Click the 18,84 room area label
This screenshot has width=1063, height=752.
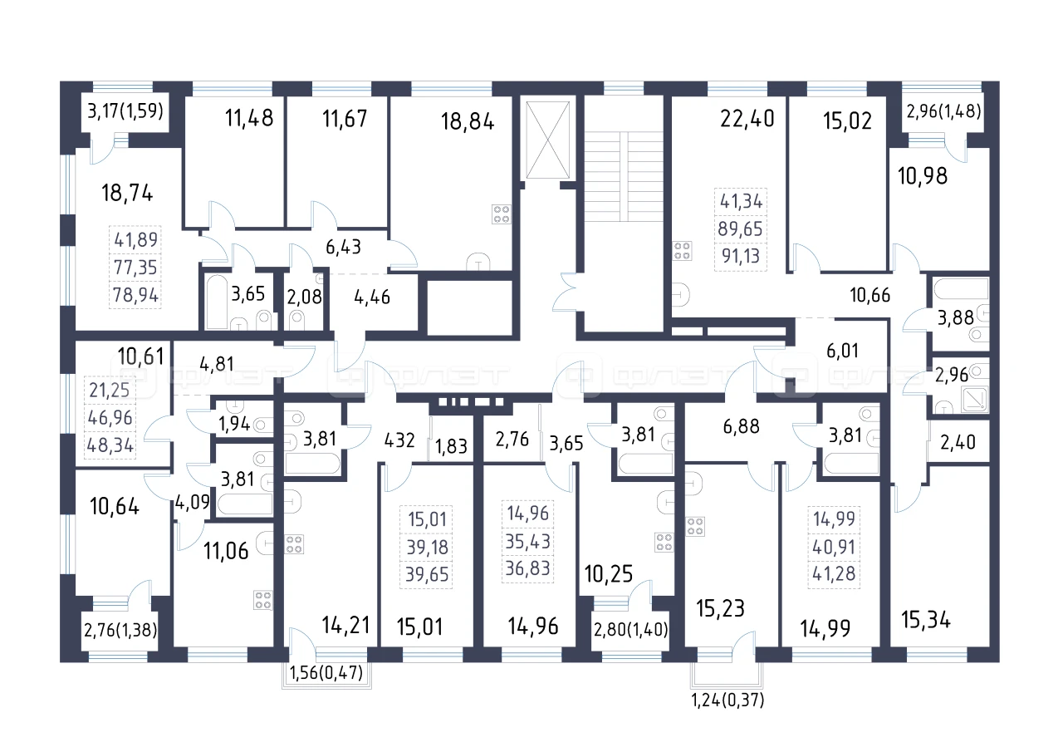pyautogui.click(x=468, y=121)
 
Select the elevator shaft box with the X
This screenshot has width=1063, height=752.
pyautogui.click(x=547, y=140)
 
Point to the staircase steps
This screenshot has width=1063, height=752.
pyautogui.click(x=624, y=177)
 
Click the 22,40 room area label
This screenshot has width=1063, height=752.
pyautogui.click(x=747, y=118)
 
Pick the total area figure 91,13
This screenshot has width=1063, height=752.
pyautogui.click(x=741, y=257)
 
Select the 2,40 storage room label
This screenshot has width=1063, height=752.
pyautogui.click(x=958, y=442)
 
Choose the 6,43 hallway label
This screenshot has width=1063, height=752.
pyautogui.click(x=343, y=247)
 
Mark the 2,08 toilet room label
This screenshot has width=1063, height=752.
pyautogui.click(x=304, y=297)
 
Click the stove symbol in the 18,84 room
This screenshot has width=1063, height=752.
pyautogui.click(x=501, y=214)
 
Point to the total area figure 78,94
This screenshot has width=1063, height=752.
pyautogui.click(x=135, y=295)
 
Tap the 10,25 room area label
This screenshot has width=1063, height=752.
pyautogui.click(x=609, y=574)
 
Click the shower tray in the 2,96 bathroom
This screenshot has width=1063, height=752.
pyautogui.click(x=974, y=399)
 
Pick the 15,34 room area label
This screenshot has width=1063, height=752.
pyautogui.click(x=926, y=620)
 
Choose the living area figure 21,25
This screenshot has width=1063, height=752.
pyautogui.click(x=110, y=391)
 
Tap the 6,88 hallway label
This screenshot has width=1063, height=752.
pyautogui.click(x=742, y=426)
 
